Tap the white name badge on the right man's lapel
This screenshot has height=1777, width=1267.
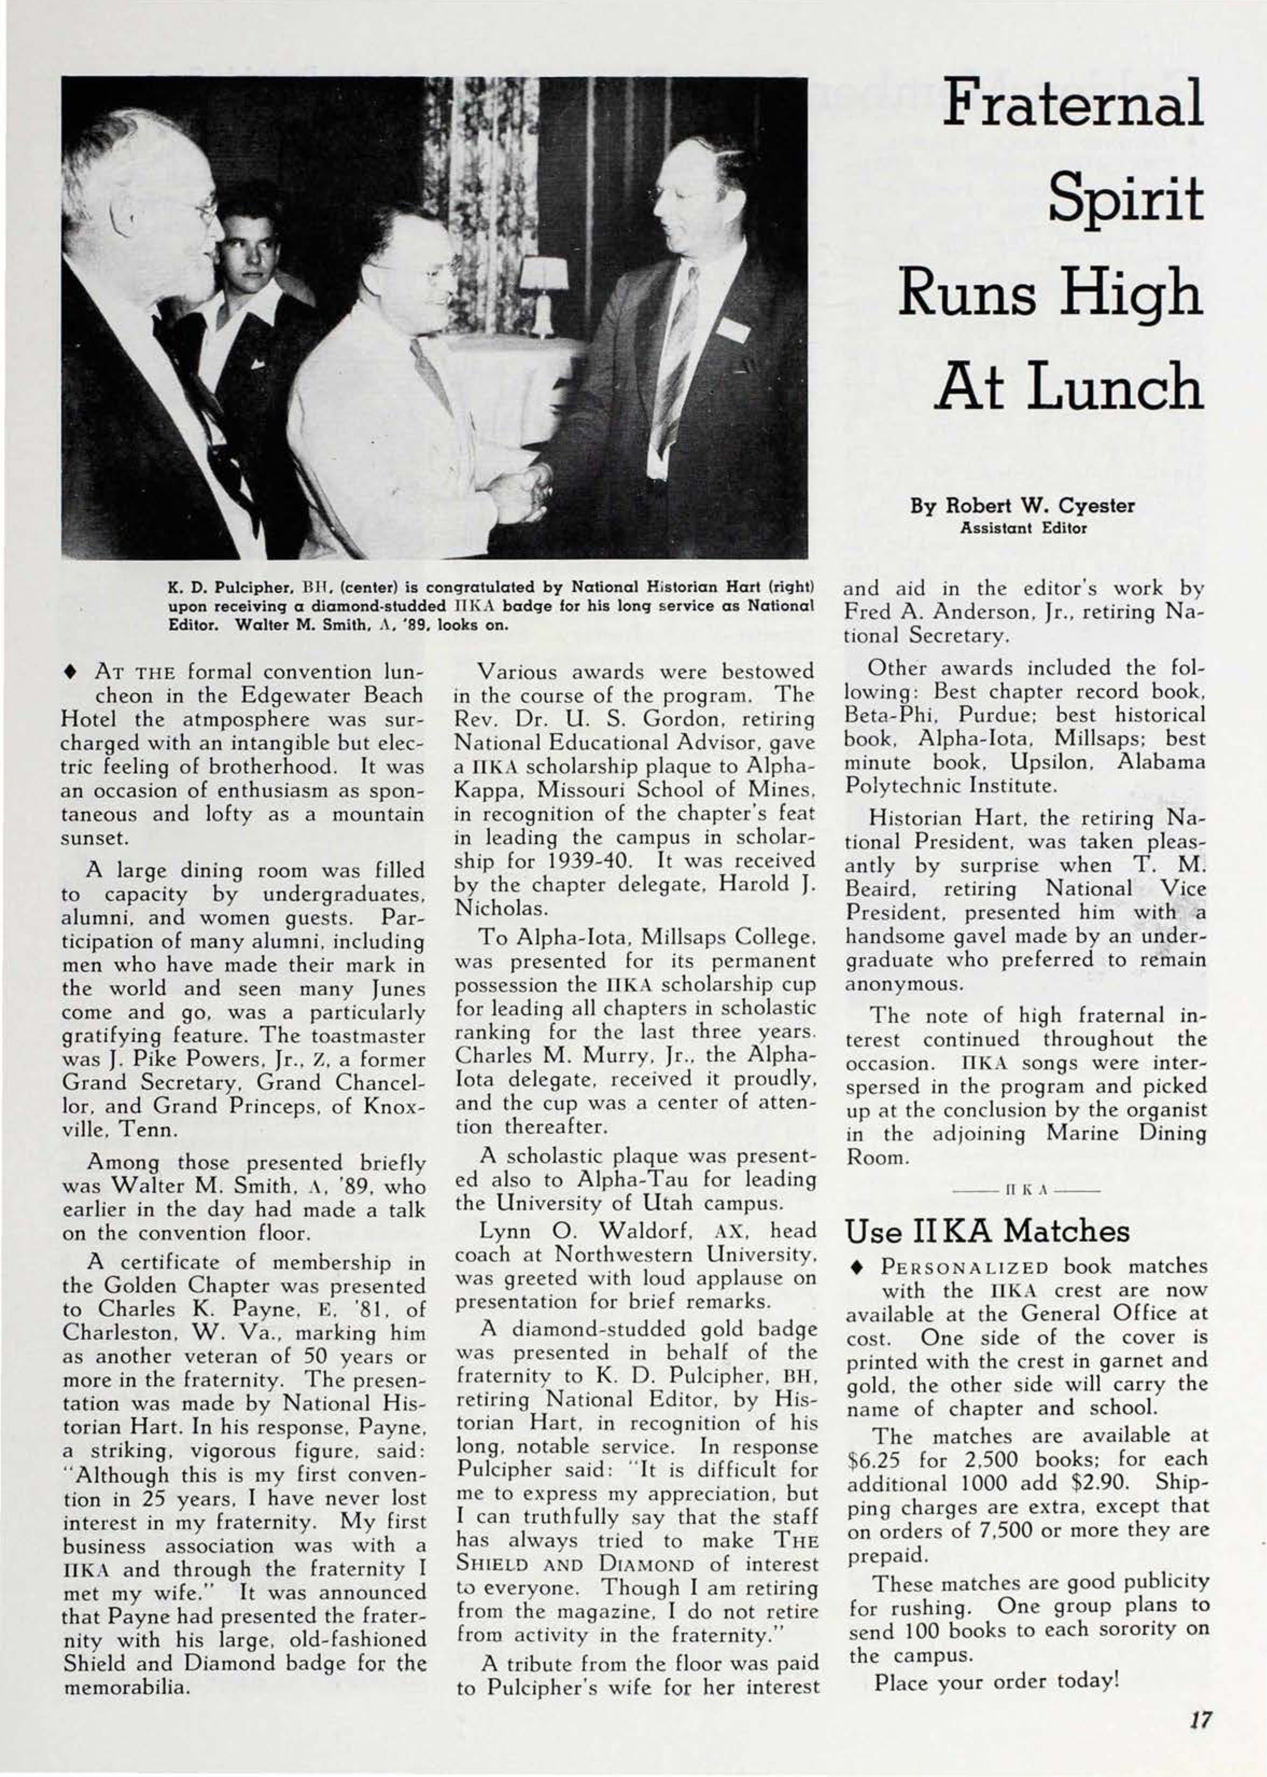[x=731, y=327]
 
